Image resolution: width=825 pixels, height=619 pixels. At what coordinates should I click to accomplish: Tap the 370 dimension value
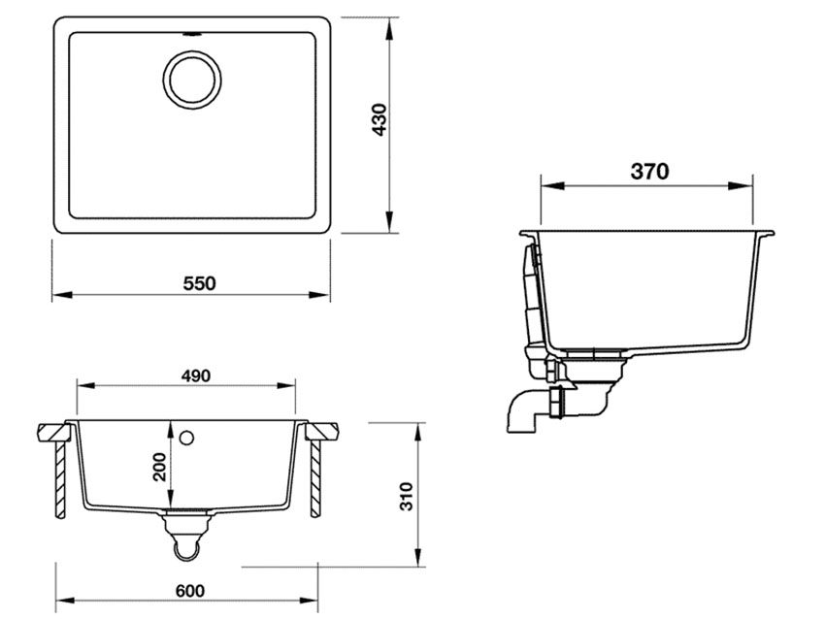(649, 172)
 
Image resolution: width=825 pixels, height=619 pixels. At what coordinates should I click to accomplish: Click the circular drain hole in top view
(191, 78)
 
